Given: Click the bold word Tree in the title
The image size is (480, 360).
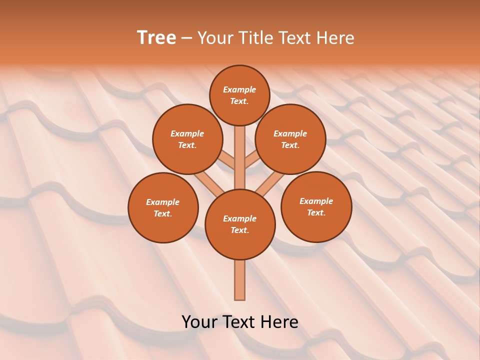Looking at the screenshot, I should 156,38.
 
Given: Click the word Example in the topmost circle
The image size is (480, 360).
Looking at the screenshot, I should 239,90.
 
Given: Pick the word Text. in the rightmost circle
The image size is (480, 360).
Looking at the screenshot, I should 316,213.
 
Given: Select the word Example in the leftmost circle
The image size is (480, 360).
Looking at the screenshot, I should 162,202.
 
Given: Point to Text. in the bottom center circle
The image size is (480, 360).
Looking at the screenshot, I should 239,230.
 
